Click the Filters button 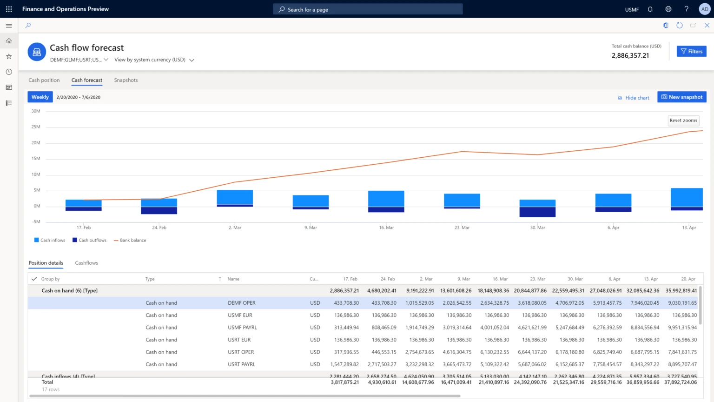[691, 51]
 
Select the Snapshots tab [126, 80]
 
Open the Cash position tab [44, 80]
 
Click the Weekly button [40, 97]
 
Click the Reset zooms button [683, 121]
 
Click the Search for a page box [368, 9]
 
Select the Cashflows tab [86, 263]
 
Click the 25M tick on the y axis [36, 127]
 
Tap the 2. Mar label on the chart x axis [235, 228]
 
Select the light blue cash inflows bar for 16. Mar [386, 199]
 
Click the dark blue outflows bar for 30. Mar [537, 212]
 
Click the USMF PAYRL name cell [242, 328]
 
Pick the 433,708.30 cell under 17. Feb [346, 303]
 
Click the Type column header [150, 279]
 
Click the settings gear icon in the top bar [668, 9]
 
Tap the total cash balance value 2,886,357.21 [630, 55]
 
